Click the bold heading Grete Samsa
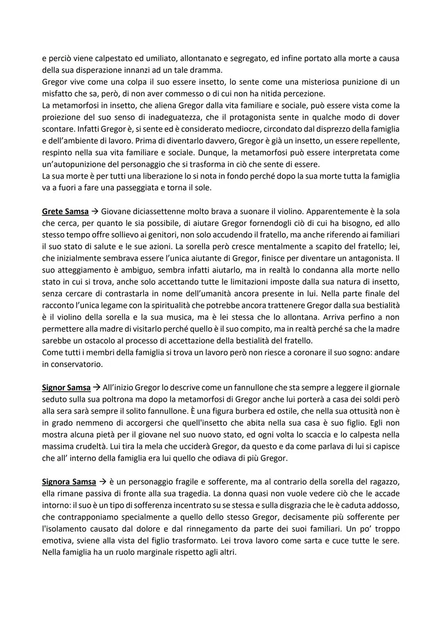pyautogui.click(x=65, y=212)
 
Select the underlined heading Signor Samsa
pyautogui.click(x=66, y=387)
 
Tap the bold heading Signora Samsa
pyautogui.click(x=69, y=482)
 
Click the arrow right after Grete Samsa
pyautogui.click(x=95, y=212)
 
